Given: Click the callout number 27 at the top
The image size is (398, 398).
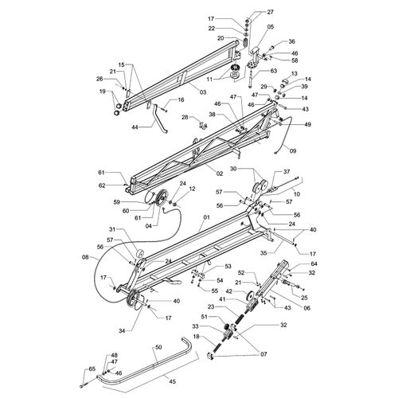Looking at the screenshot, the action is click(270, 12).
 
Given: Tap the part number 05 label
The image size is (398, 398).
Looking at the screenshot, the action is click(271, 27).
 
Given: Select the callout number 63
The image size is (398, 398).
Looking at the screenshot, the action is click(273, 71).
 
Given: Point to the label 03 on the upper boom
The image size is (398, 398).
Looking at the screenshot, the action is click(203, 92).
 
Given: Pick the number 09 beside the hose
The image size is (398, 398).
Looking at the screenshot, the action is click(293, 151).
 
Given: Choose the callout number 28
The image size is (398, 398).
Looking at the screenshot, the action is click(185, 117).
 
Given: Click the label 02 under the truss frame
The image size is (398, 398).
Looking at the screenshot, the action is click(219, 174).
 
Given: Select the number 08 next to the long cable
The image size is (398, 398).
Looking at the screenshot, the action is click(86, 257).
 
